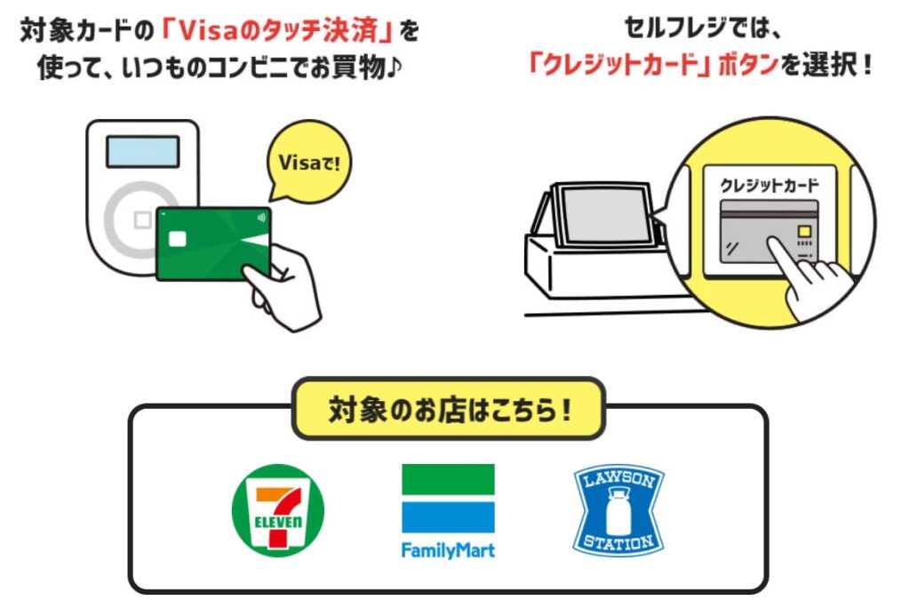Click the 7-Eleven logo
278,510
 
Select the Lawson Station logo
619,510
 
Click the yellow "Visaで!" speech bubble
308,163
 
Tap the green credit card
214,244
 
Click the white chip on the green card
177,238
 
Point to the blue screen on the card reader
142,151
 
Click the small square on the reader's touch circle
142,220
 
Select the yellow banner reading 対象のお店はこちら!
449,409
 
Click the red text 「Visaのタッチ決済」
277,31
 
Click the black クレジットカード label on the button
769,185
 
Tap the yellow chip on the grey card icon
804,232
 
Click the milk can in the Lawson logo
619,510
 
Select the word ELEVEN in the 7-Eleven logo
278,522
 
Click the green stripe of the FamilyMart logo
448,479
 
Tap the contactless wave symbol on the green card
261,218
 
